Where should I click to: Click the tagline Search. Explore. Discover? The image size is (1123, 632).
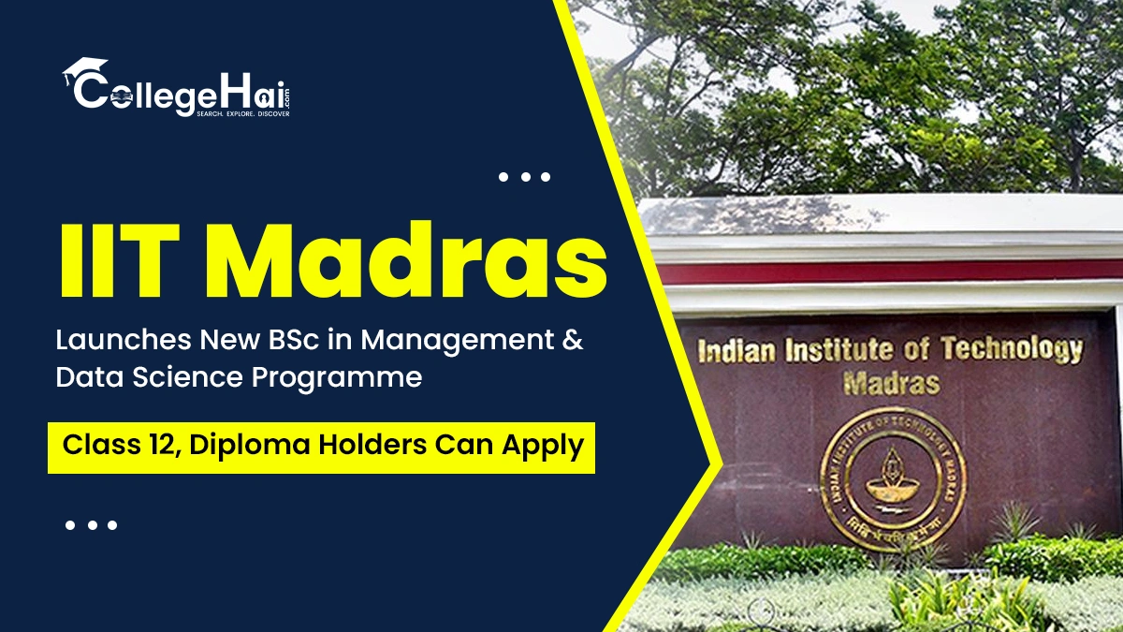pos(242,113)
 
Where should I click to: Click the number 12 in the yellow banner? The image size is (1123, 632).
pos(144,445)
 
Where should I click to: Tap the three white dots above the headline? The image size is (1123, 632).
pos(523,176)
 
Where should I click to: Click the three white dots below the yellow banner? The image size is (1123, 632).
pos(91,525)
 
